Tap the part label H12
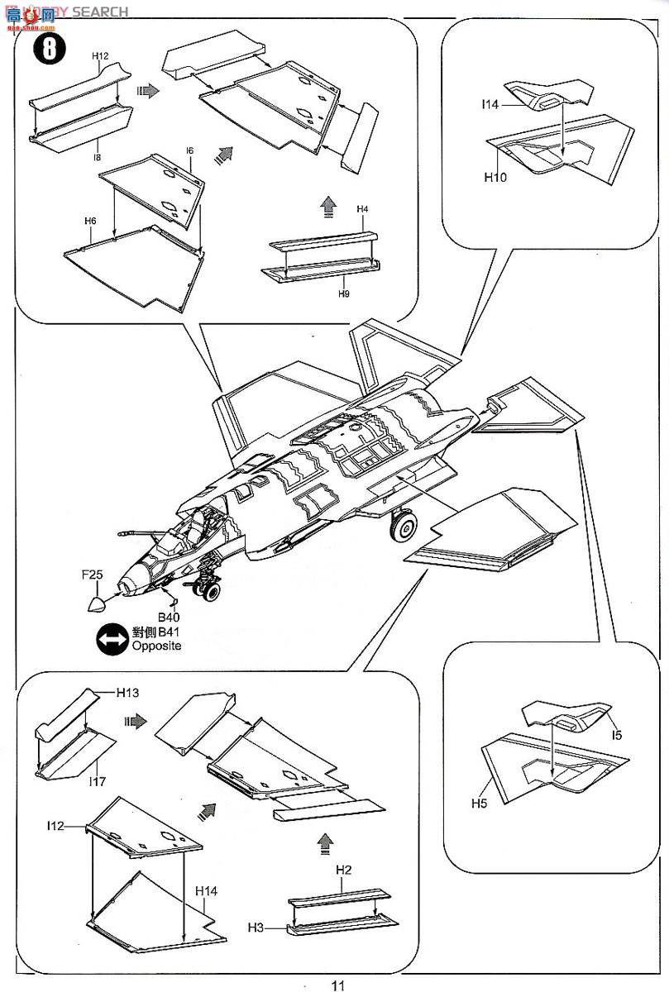tap(100, 56)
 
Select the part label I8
tap(98, 156)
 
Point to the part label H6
tap(90, 222)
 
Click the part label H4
tap(362, 209)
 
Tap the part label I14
tap(490, 105)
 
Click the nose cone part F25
tap(98, 602)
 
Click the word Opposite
tap(155, 646)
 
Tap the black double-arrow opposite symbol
tap(112, 639)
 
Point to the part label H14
tap(207, 890)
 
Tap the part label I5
tap(619, 734)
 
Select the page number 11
tap(337, 985)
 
